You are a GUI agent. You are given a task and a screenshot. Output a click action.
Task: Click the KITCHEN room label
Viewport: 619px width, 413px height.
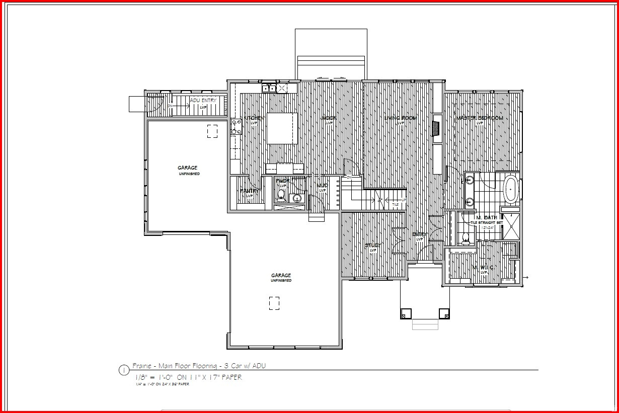(x=254, y=118)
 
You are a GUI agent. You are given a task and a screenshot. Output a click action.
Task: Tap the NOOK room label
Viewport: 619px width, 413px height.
(x=329, y=118)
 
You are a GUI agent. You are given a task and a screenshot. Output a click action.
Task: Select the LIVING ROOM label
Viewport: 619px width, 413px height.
(x=401, y=118)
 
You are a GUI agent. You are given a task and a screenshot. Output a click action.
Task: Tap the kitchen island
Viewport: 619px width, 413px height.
(x=282, y=128)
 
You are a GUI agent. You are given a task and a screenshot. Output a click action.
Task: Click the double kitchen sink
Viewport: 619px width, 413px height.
(x=269, y=89)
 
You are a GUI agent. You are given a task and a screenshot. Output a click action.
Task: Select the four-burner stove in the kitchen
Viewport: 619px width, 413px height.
(x=235, y=127)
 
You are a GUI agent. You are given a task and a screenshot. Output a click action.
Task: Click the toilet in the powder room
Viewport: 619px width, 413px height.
(x=281, y=194)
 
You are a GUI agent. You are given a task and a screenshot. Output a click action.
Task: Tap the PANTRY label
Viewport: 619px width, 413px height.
(x=249, y=191)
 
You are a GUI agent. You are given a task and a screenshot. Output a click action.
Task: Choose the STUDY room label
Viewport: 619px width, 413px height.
(x=373, y=245)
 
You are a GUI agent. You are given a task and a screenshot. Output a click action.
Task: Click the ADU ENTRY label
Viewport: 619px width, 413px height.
(x=203, y=101)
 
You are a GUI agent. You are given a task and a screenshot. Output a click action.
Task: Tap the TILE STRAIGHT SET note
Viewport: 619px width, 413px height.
(x=486, y=222)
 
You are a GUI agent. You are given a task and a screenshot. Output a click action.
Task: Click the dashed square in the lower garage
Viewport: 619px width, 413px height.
(x=274, y=303)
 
